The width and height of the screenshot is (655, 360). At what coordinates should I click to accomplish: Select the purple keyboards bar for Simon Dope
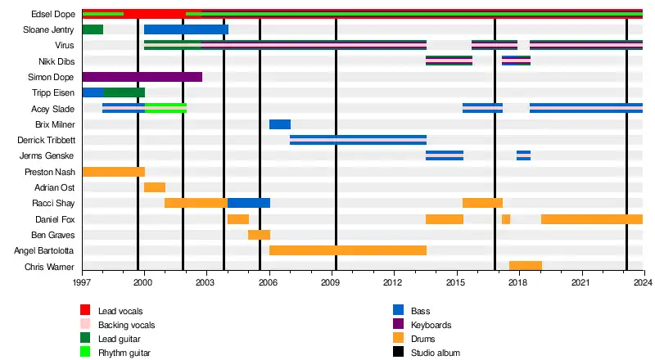(142, 77)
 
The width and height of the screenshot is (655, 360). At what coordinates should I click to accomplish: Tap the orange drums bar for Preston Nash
(114, 172)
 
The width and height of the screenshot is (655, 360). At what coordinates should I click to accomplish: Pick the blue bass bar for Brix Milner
(280, 124)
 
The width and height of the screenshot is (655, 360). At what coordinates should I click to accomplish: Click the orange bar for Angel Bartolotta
(348, 250)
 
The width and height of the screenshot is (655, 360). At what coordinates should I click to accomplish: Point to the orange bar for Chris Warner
(526, 266)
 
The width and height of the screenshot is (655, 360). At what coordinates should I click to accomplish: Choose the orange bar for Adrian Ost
(155, 187)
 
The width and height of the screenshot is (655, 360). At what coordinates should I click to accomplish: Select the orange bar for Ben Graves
(259, 235)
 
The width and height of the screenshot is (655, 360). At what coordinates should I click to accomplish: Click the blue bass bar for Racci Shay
(249, 203)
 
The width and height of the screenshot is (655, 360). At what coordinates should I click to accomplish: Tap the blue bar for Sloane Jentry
(186, 29)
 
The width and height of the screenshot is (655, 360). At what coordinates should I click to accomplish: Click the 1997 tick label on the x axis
(82, 282)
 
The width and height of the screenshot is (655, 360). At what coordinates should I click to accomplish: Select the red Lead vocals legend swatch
(85, 310)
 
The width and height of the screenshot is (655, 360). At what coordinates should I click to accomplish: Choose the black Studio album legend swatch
(399, 353)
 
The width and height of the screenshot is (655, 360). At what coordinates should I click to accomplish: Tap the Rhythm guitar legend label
(124, 353)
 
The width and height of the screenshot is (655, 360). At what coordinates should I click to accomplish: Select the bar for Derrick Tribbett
(358, 140)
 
